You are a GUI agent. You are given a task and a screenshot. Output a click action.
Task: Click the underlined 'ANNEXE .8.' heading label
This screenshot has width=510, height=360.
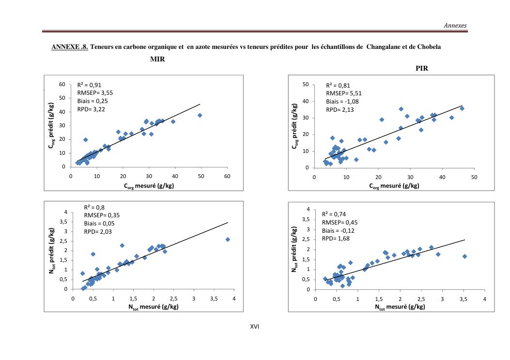coord(69,47)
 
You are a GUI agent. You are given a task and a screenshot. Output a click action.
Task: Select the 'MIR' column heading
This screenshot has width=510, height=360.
coord(157,59)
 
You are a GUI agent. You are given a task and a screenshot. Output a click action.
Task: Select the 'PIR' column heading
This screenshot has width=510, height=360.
coord(421,69)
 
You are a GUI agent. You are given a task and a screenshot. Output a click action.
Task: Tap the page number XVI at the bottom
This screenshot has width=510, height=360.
coord(255,327)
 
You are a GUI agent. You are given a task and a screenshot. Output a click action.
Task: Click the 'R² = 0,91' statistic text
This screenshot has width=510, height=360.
coord(89,85)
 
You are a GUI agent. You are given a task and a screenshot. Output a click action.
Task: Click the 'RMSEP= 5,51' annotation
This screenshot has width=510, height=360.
coord(344,93)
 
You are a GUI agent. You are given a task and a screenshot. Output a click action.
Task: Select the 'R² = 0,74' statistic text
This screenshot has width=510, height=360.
coord(334,214)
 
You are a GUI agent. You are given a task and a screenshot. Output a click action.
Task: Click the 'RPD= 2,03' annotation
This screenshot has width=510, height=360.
coord(99,231)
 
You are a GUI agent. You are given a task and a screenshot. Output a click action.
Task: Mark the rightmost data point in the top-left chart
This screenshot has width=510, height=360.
coord(200,115)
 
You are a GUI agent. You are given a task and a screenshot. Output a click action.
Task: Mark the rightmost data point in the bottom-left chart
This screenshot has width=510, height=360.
coord(228,240)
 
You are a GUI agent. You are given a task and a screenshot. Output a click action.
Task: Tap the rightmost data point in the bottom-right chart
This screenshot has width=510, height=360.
coord(464,256)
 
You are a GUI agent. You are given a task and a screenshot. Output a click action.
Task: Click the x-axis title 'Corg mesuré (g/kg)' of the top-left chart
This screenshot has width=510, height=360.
coord(149,186)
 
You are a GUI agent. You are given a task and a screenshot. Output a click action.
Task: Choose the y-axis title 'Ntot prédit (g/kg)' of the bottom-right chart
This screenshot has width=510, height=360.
coord(294,249)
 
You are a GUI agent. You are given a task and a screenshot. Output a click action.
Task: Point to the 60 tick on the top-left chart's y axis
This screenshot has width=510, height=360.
coord(62,85)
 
